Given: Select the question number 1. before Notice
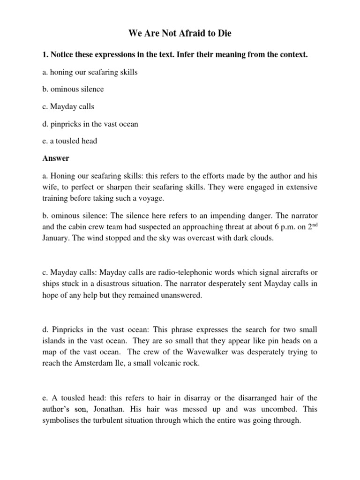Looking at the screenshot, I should pos(45,55).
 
